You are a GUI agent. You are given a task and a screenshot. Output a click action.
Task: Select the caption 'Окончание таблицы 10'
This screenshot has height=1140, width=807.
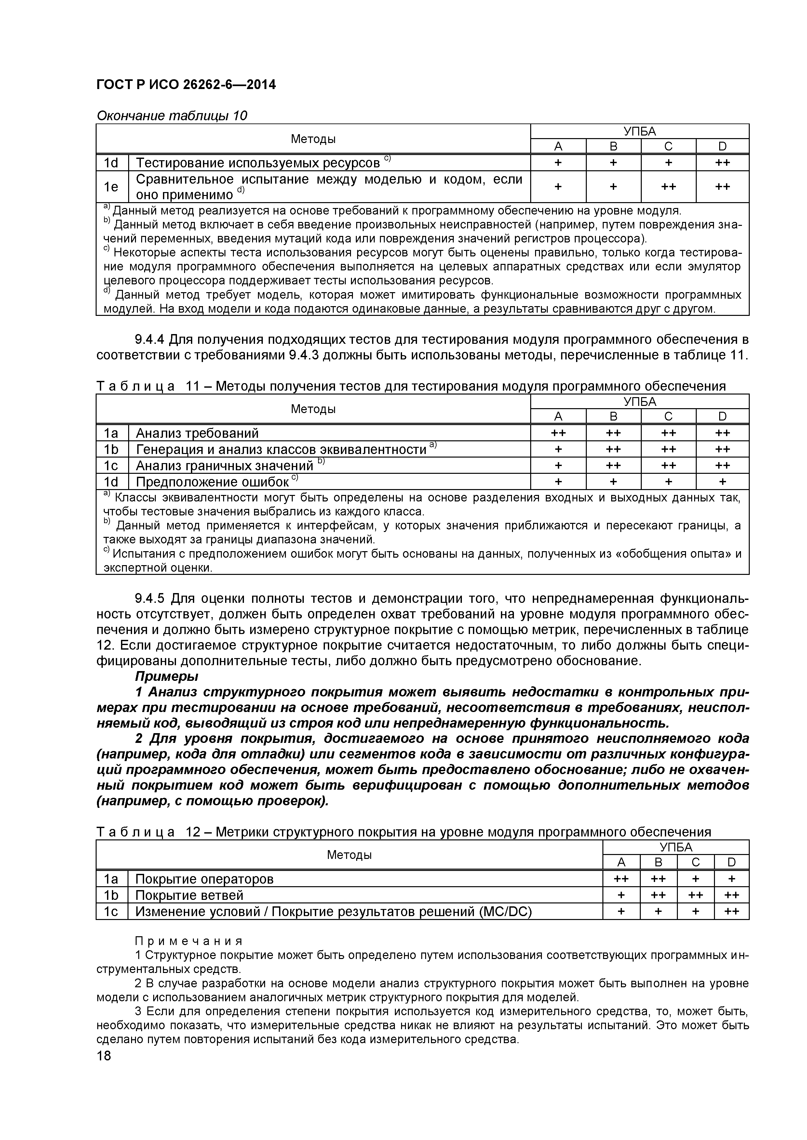click(x=171, y=116)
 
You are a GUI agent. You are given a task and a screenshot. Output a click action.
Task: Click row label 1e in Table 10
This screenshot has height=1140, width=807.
click(x=111, y=187)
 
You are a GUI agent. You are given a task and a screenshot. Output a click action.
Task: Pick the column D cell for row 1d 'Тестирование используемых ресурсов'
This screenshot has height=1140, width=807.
click(x=722, y=163)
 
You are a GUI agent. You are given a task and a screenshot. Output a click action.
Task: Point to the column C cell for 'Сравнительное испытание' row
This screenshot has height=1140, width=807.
click(x=668, y=187)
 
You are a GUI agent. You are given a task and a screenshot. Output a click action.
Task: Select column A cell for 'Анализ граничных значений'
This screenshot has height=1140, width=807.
click(x=558, y=466)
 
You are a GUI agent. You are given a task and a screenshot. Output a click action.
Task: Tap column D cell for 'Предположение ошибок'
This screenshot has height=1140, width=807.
click(x=722, y=482)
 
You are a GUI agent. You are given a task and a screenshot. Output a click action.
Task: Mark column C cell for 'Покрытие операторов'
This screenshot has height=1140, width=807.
click(x=695, y=879)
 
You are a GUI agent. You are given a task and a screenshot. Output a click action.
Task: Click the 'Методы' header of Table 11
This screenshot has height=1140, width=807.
click(x=313, y=408)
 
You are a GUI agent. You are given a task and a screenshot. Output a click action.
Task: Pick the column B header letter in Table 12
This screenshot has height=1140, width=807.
click(x=658, y=862)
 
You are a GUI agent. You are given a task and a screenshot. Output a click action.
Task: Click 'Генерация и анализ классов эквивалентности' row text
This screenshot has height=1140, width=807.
click(x=281, y=449)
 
